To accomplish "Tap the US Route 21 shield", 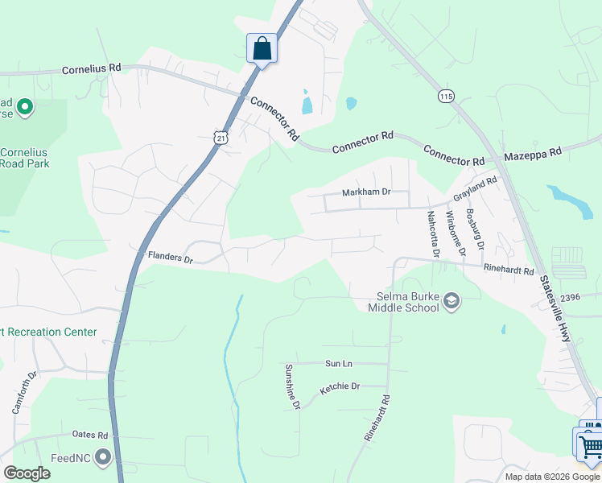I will click(x=222, y=138).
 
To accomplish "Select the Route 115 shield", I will click(x=445, y=96).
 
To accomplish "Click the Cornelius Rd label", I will click(x=91, y=69).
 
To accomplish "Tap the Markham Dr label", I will click(x=365, y=192).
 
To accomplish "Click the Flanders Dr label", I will click(x=171, y=258).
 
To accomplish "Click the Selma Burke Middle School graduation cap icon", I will click(x=451, y=301).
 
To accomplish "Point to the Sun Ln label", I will click(x=339, y=364).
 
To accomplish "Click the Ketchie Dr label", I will click(x=340, y=388).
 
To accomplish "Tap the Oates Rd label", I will click(x=90, y=435).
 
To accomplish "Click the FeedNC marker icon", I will click(x=102, y=458).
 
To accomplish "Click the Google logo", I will click(x=27, y=473).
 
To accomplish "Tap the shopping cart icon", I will click(x=591, y=444).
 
